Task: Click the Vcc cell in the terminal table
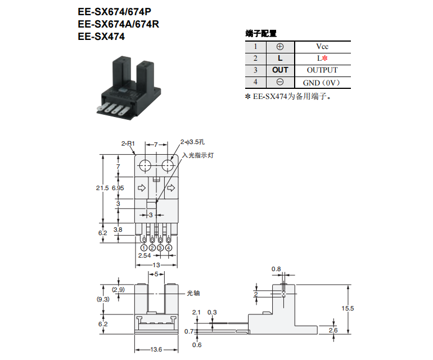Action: pyautogui.click(x=322, y=47)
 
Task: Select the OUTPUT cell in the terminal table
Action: pyautogui.click(x=322, y=70)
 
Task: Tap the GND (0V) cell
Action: pyautogui.click(x=322, y=83)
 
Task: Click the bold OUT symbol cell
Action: pyautogui.click(x=280, y=70)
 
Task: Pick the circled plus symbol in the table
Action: pyautogui.click(x=280, y=47)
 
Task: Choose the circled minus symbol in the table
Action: pyautogui.click(x=280, y=83)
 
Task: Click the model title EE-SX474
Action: pyautogui.click(x=101, y=37)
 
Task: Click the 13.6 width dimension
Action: pyautogui.click(x=156, y=350)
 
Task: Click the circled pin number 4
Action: pyautogui.click(x=169, y=247)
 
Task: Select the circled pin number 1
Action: pyautogui.click(x=144, y=247)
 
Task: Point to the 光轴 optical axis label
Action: pyautogui.click(x=193, y=293)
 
